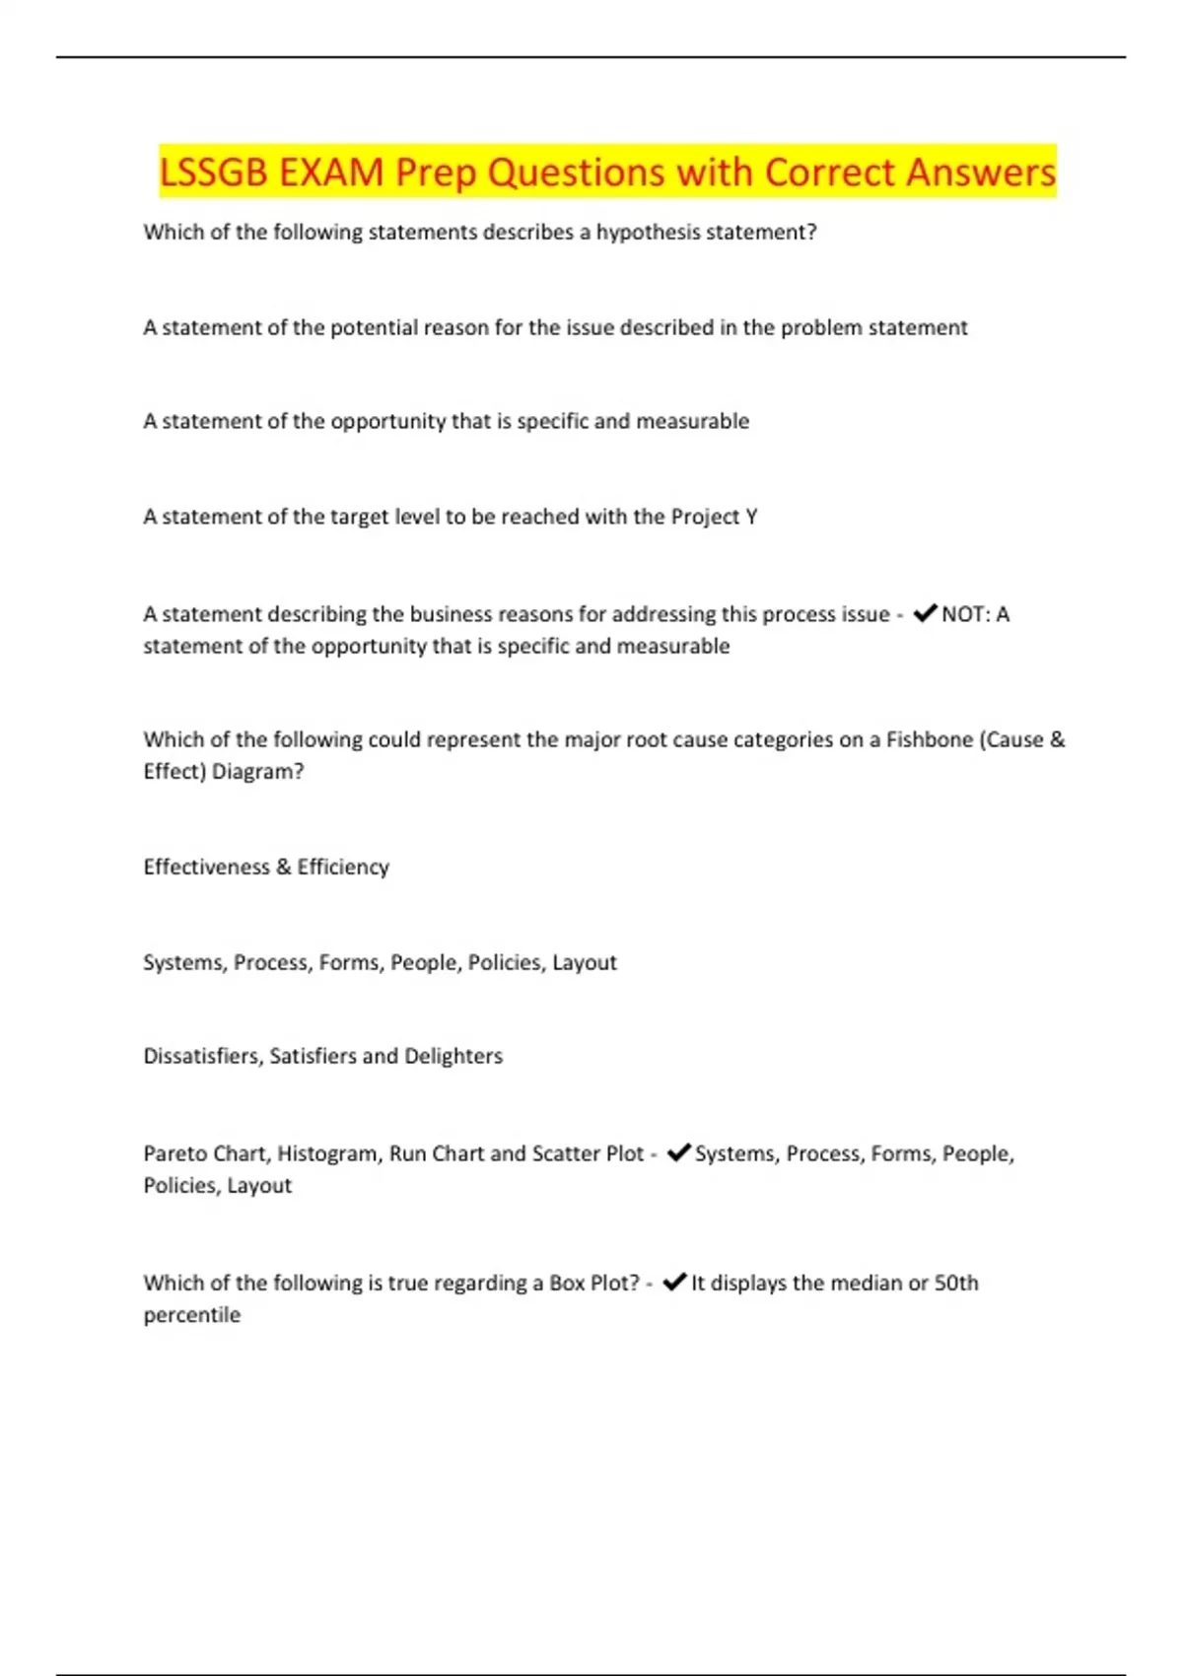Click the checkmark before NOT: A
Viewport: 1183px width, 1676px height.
[x=925, y=613]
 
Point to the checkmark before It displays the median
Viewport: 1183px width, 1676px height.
[x=674, y=1282]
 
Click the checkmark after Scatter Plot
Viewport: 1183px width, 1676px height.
[x=678, y=1152]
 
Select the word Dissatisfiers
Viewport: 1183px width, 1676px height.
[x=202, y=1056]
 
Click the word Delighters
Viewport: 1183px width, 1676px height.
[x=453, y=1056]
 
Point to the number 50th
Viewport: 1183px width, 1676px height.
[x=956, y=1283]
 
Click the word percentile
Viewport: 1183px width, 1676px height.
[x=191, y=1315]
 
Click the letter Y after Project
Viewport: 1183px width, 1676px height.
[x=751, y=517]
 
